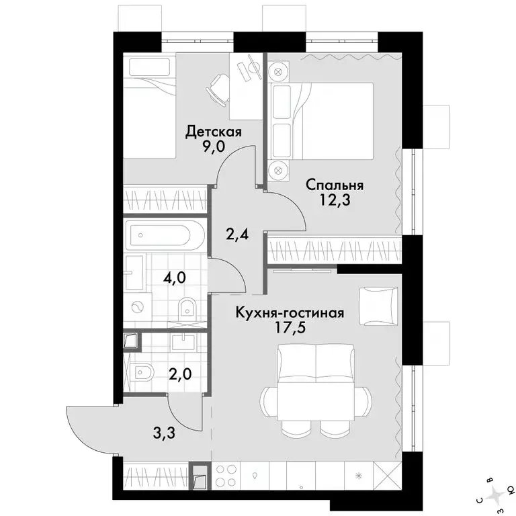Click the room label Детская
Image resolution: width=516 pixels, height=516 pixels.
(214, 132)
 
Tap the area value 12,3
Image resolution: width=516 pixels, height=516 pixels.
(335, 200)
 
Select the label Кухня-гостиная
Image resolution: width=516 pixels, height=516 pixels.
(290, 312)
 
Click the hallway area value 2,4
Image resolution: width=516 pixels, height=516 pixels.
(237, 234)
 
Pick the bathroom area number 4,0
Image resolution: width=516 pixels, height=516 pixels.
(175, 277)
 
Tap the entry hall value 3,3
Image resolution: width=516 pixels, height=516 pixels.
(164, 433)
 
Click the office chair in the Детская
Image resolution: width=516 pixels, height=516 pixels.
(218, 88)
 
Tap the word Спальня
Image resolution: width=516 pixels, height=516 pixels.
(335, 185)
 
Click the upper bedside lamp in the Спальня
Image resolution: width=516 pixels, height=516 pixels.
(278, 71)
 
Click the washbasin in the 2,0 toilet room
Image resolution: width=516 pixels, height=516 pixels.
(183, 341)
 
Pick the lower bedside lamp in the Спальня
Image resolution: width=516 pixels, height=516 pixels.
(278, 170)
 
